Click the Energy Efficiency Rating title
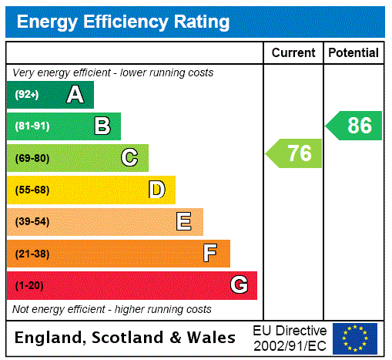coord(123,22)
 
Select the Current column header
coord(293,53)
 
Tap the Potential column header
coord(353,53)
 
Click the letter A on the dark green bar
coord(75,95)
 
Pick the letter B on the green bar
coord(102,126)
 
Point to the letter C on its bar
coord(129,158)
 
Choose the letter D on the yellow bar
coord(157,190)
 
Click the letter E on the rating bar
coord(184,222)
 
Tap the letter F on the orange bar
coord(210,254)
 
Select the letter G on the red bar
coord(239,285)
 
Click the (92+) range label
coord(27,95)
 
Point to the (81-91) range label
coord(32,126)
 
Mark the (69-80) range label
coord(32,158)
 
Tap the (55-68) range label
coord(32,190)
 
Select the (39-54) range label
coord(32,222)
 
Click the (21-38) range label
coord(32,254)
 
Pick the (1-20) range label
coord(29,285)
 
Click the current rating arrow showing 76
coord(295,153)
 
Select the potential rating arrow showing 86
coord(354,126)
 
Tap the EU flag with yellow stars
coord(355,338)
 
